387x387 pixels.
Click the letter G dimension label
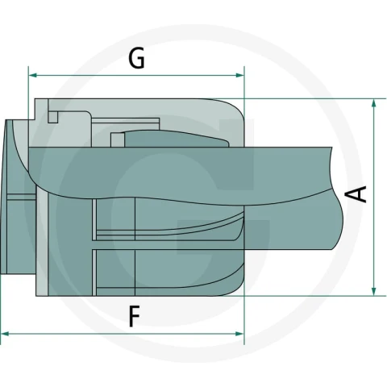click(136, 58)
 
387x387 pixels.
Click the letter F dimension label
click(135, 317)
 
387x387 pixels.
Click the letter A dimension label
click(360, 194)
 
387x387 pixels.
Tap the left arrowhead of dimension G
click(32, 75)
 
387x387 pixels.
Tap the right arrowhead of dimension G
click(240, 75)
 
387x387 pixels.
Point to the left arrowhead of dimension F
click(5, 334)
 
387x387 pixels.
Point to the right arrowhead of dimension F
click(239, 334)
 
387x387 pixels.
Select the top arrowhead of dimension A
click(373, 103)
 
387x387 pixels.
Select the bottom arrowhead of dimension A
click(373, 291)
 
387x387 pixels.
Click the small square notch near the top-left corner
click(53, 118)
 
